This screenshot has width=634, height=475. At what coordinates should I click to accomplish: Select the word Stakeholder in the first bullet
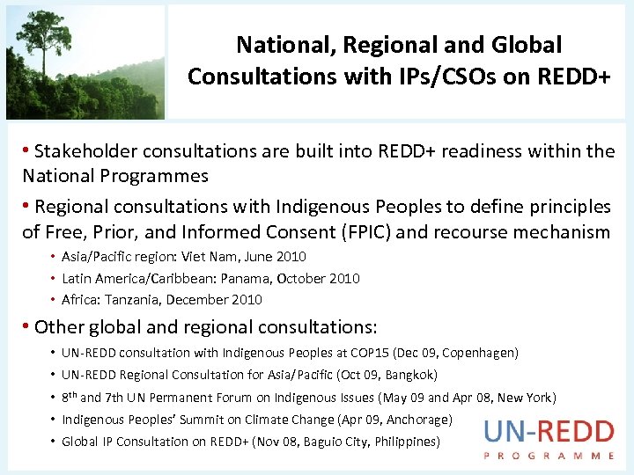click(x=93, y=151)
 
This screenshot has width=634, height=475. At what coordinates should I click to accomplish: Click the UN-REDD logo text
click(x=549, y=432)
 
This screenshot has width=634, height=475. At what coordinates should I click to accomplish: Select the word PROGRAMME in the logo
click(x=549, y=456)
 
